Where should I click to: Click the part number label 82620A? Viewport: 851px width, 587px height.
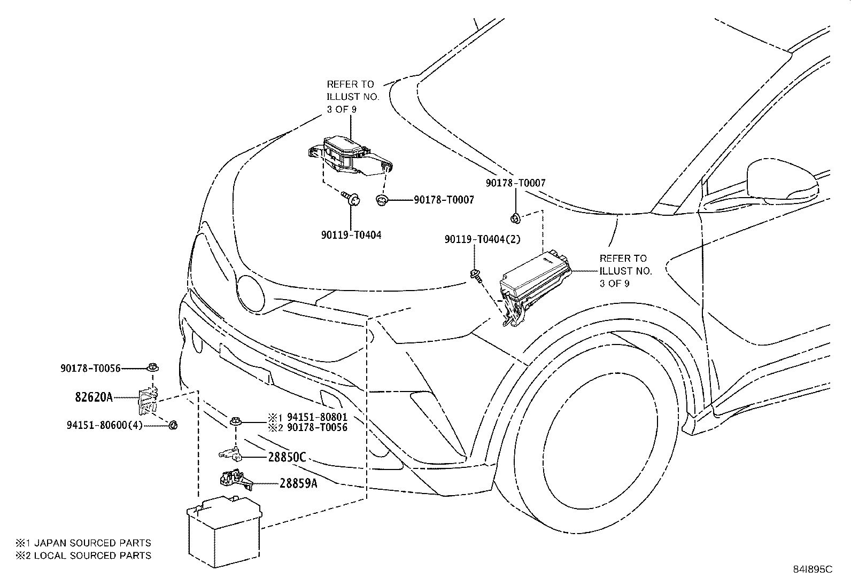coord(94,397)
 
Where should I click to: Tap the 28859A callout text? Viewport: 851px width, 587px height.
coord(298,484)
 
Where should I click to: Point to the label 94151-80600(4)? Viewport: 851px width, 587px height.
coord(105,426)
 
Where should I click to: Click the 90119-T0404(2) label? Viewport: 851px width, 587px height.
coord(482,240)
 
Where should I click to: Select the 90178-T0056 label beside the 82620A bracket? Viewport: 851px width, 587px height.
coord(90,368)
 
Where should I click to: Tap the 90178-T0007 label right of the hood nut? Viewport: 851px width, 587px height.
coord(443,200)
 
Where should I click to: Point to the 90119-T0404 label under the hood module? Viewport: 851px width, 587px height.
coord(351,234)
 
